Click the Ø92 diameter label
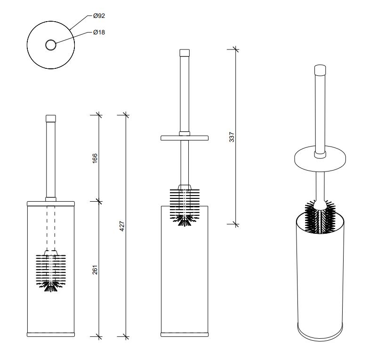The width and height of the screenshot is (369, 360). [99, 16]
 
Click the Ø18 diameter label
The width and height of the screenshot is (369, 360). [99, 32]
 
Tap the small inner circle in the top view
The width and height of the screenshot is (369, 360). [51, 45]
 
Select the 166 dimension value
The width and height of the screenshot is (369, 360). [95, 158]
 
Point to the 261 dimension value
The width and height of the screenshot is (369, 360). [95, 270]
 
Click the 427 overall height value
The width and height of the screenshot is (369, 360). [122, 226]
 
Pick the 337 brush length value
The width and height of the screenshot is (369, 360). [232, 137]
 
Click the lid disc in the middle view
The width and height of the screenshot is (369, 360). [184, 138]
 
